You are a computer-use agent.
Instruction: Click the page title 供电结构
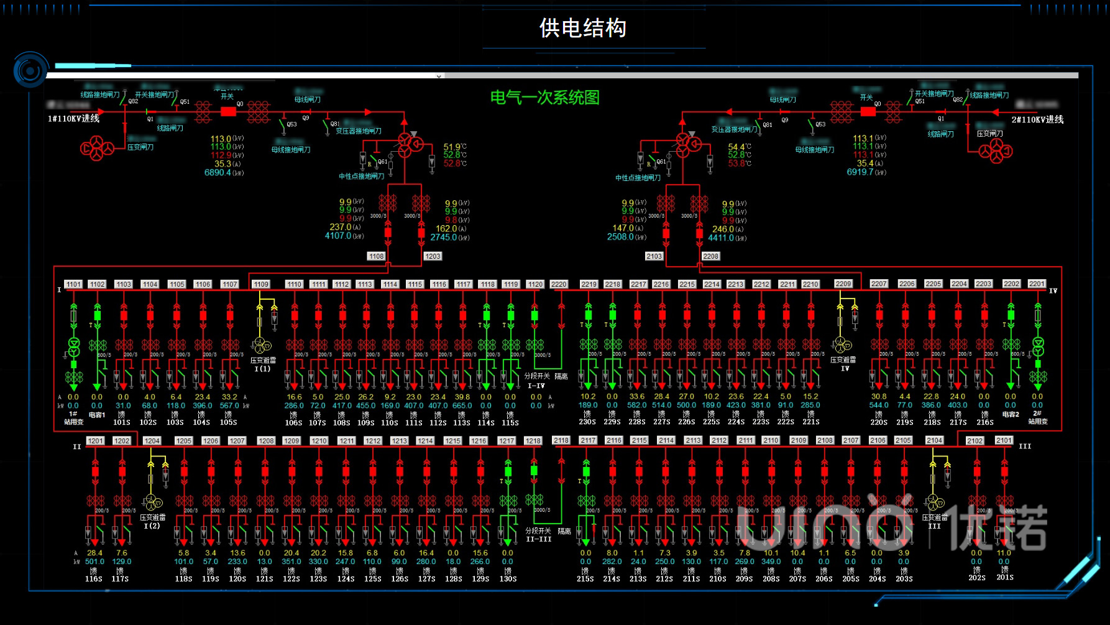[x=582, y=28]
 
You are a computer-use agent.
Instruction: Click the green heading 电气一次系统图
[x=544, y=98]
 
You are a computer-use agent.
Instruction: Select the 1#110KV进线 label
[x=73, y=118]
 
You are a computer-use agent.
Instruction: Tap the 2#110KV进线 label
[x=1037, y=119]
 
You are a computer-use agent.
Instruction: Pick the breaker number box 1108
[x=376, y=256]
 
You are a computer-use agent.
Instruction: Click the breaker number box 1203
[x=433, y=256]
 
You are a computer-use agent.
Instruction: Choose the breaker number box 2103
[x=654, y=256]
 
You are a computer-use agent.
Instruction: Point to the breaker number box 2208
[x=710, y=256]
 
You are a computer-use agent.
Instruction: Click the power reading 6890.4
[x=218, y=173]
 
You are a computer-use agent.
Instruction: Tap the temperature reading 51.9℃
[x=454, y=147]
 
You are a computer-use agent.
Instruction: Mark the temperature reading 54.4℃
[x=739, y=147]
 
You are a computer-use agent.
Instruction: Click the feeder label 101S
[x=122, y=422]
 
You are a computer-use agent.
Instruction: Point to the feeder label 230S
[x=587, y=422]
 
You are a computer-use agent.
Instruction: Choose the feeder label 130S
[x=508, y=579]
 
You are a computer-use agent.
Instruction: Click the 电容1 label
[x=97, y=415]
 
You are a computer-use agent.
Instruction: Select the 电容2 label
[x=1011, y=414]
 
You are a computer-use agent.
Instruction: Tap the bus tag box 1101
[x=73, y=284]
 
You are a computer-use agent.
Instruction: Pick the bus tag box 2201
[x=1036, y=284]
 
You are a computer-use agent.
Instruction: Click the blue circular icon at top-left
[x=30, y=71]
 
